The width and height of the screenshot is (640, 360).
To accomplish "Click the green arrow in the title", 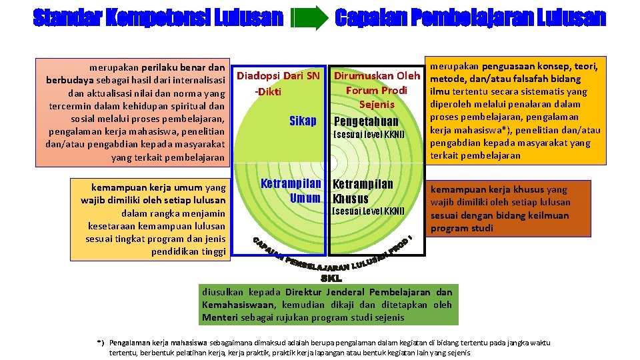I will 309,18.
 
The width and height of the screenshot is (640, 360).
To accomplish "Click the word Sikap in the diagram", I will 303,121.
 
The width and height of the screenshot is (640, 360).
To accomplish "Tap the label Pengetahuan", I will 365,121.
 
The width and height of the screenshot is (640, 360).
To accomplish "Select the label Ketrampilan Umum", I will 291,191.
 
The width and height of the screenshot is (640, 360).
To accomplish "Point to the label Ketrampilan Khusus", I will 363,191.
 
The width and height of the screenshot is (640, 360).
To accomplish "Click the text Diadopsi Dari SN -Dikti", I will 279,83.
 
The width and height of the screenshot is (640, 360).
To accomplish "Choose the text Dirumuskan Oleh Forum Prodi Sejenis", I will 377,90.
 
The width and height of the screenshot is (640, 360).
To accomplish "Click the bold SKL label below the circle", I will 331,279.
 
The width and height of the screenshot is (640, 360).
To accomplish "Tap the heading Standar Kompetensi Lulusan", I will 158,18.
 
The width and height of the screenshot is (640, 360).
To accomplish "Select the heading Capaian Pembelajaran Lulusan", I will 470,18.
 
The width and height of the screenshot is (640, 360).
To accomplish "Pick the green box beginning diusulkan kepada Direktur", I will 327,305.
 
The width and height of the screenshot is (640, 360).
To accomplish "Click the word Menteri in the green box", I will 219,317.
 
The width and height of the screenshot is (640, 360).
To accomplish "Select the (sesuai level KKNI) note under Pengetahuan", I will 368,135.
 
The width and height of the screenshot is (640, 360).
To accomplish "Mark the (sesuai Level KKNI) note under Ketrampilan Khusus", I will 368,211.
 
